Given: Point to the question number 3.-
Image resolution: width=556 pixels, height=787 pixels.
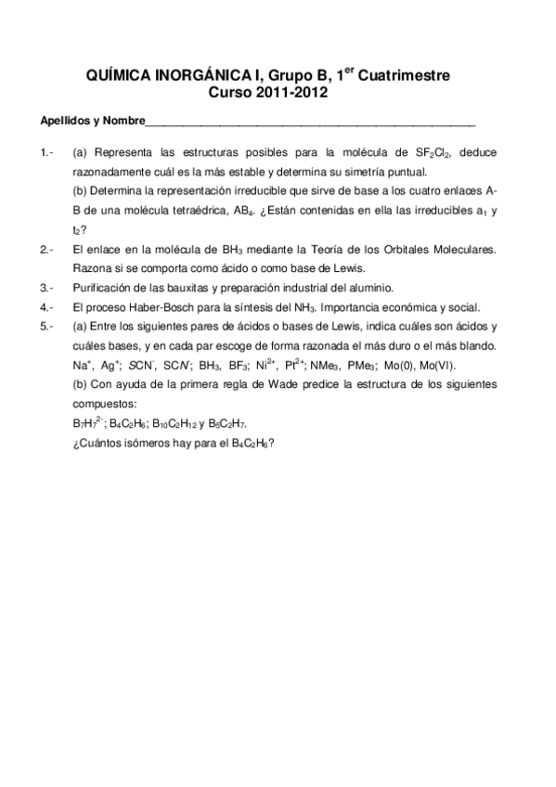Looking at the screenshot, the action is click(x=49, y=287).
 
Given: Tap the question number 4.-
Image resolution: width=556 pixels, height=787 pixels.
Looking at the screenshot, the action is click(x=49, y=306).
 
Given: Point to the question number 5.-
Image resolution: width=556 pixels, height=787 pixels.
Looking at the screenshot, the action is click(x=49, y=326).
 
